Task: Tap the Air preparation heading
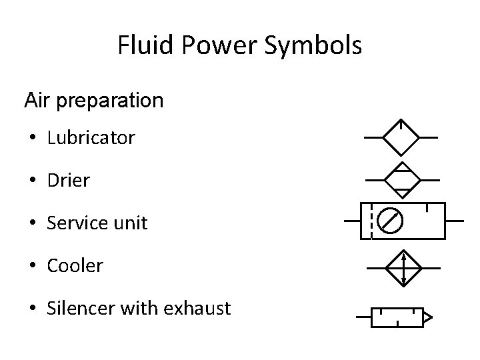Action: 93,101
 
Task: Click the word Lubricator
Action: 91,138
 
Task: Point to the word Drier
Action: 68,181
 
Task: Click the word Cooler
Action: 75,265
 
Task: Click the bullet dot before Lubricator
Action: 32,139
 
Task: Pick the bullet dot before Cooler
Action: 32,266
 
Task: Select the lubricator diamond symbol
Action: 400,137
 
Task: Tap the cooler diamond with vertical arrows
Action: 403,268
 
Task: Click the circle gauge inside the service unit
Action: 390,220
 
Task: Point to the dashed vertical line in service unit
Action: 371,220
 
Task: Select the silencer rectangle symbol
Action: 397,317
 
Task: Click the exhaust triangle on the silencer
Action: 428,317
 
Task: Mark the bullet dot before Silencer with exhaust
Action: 32,309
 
